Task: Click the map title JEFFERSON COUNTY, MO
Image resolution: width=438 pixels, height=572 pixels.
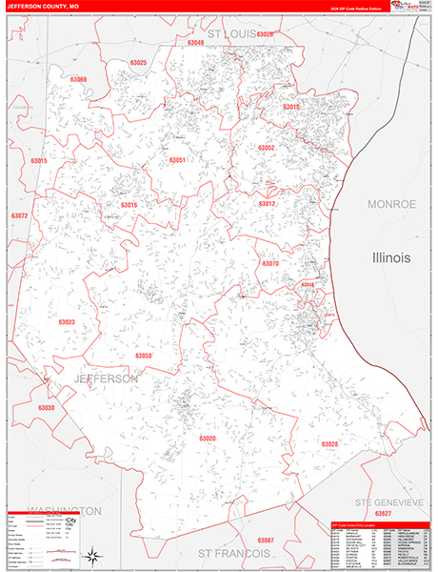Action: [47, 7]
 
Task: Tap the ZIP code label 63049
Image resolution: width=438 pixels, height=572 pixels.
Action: [196, 43]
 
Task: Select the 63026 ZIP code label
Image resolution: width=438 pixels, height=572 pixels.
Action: [264, 35]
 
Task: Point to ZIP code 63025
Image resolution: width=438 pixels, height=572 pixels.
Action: [139, 63]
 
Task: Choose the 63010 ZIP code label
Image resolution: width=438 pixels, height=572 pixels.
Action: [291, 107]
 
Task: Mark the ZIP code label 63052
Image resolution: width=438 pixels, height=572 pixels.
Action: [267, 148]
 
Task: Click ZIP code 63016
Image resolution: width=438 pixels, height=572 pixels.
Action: [129, 205]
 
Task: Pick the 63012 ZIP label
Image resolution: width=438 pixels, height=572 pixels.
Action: [268, 203]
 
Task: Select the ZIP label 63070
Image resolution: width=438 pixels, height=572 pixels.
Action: [270, 263]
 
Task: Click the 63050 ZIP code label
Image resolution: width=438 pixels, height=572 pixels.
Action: [143, 356]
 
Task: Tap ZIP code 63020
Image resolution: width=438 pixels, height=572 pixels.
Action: [208, 438]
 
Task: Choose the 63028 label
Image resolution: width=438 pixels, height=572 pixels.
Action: [329, 444]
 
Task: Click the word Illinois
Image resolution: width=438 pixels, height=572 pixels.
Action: [391, 257]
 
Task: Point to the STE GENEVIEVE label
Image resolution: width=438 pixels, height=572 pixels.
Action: [388, 502]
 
